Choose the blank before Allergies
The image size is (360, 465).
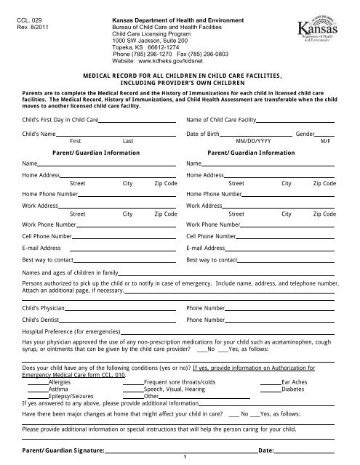click(37, 381)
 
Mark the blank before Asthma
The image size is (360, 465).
click(37, 389)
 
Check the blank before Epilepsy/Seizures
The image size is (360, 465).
click(37, 396)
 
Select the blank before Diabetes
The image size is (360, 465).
click(270, 389)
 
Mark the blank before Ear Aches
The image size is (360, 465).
click(270, 381)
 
